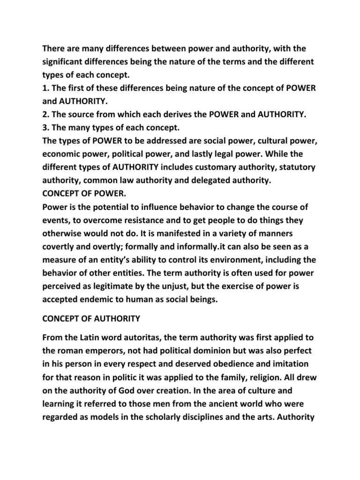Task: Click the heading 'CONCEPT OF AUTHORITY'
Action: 91,319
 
